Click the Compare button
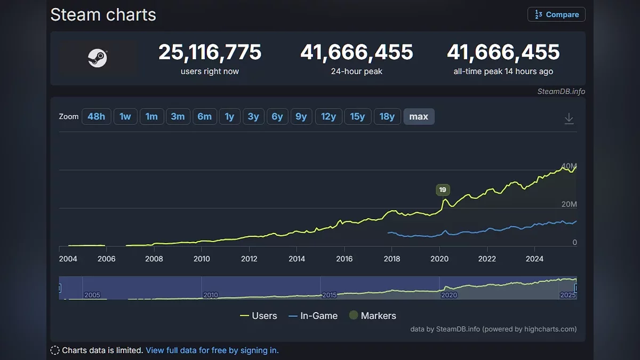coord(556,14)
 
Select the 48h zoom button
coord(96,116)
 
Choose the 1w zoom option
coord(125,116)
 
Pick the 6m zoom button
coord(205,116)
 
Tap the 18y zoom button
coord(387,116)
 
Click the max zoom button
coord(419,116)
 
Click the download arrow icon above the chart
coord(569,118)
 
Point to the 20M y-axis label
coord(568,204)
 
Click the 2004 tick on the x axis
coord(68,259)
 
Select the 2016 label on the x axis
coord(345,259)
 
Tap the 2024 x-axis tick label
coord(534,259)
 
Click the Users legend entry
coord(259,316)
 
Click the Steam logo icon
coord(98,58)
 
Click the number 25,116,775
coord(210,52)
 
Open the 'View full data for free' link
coord(212,350)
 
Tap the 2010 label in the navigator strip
coord(211,295)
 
